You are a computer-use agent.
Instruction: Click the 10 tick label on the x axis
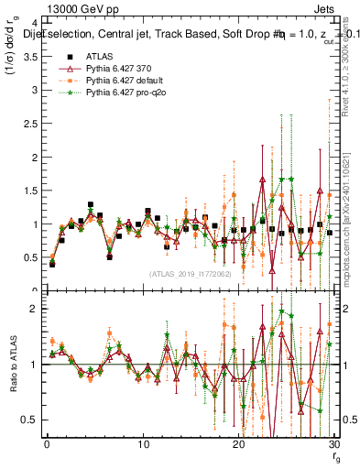click(143, 444)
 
